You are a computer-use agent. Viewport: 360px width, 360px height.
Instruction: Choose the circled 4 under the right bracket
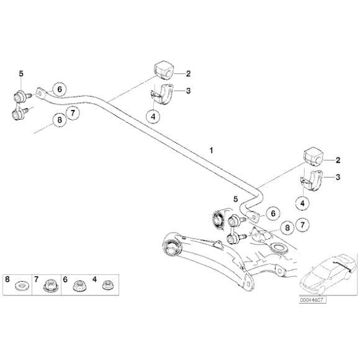[x=302, y=202]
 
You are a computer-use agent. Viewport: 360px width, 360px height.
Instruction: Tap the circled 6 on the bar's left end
[x=59, y=88]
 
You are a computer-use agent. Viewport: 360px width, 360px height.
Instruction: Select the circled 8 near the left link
[x=59, y=120]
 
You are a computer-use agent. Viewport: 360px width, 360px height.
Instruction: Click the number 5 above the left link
[x=21, y=74]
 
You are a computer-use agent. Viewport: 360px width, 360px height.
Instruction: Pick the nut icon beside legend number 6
[x=79, y=286]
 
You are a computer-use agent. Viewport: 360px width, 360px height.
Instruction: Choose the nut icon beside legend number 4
[x=106, y=286]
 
